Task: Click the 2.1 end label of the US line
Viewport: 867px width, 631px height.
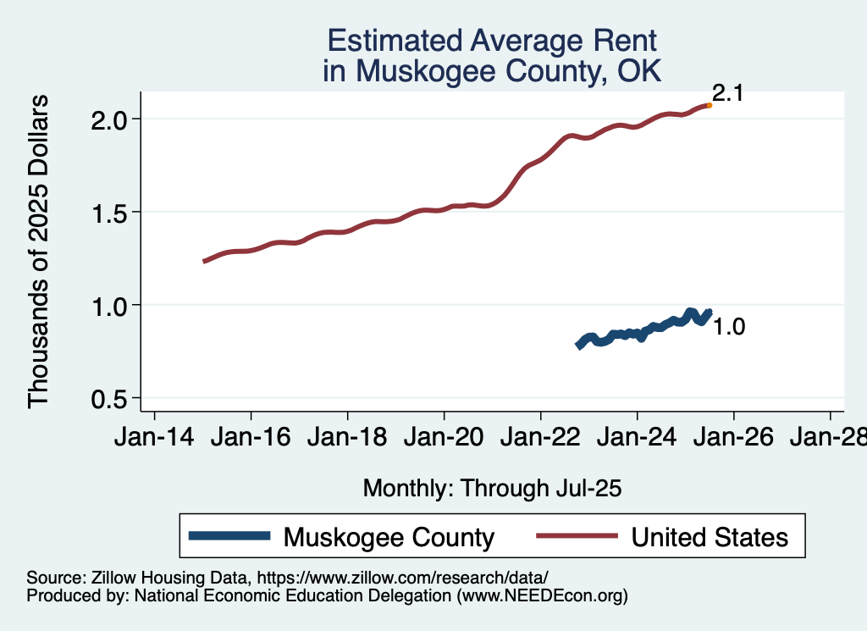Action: click(x=727, y=93)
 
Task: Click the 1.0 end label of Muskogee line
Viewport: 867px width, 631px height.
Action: click(x=728, y=327)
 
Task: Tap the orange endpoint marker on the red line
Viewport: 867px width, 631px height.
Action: click(x=709, y=105)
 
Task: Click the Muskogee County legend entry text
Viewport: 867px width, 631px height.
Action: click(x=389, y=536)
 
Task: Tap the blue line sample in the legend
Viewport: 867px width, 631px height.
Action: click(x=230, y=536)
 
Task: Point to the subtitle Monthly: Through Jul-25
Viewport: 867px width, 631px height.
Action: click(x=492, y=488)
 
